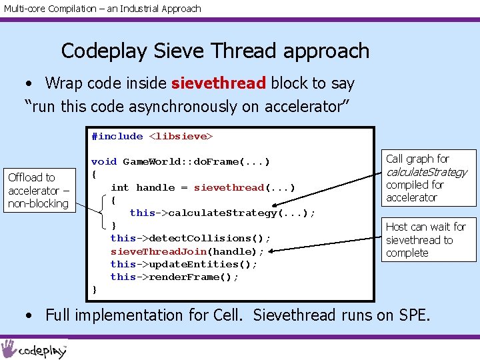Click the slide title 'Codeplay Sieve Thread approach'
click(x=215, y=51)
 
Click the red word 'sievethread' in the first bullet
click(x=219, y=83)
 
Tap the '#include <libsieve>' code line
click(x=151, y=136)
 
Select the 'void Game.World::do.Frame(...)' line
click(x=180, y=161)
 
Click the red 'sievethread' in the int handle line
click(x=229, y=187)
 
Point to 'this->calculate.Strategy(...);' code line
click(x=222, y=213)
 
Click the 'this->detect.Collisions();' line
click(x=191, y=238)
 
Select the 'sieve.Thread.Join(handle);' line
click(x=187, y=251)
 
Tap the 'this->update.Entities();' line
click(x=184, y=264)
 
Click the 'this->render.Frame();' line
click(x=174, y=277)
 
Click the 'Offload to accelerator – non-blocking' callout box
click(x=38, y=190)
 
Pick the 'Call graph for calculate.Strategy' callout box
click(x=426, y=177)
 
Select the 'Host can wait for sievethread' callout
click(x=426, y=239)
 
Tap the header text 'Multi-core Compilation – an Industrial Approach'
click(x=101, y=9)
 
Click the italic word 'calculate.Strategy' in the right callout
click(x=427, y=172)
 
